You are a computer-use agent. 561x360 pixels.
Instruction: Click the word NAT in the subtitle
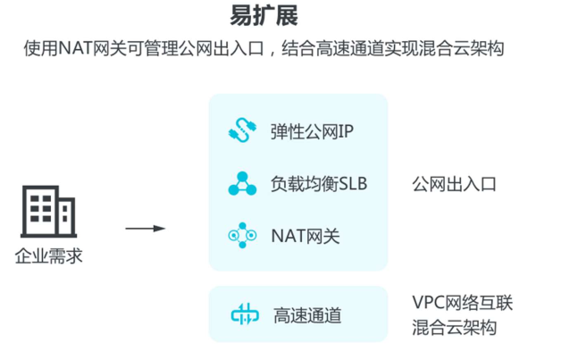75,47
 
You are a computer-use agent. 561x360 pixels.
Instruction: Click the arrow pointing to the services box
145,229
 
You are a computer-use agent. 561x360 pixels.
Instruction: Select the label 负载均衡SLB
319,184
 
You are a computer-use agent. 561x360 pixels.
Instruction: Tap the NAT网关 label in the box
305,236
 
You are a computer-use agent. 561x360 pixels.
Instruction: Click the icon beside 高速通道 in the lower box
244,315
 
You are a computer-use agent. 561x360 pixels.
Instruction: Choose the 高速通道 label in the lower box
307,315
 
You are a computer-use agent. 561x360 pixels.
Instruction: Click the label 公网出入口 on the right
454,184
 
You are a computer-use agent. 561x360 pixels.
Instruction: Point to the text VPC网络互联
462,303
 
